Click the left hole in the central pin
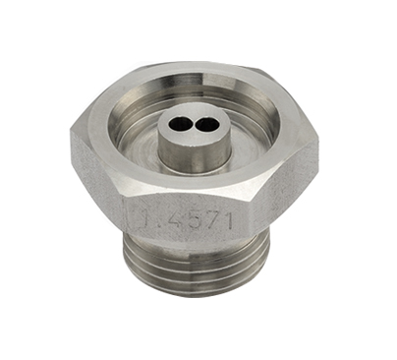coord(179,124)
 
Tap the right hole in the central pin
coord(204,124)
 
